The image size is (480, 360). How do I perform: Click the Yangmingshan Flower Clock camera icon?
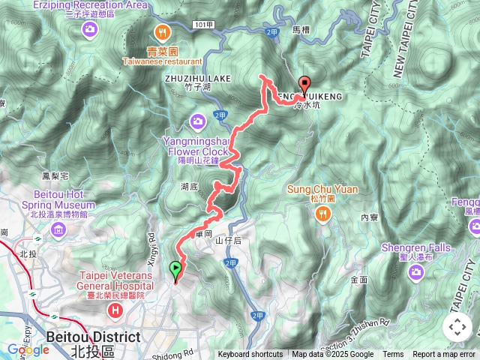coord(198,121)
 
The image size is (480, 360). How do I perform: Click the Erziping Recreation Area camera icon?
coord(91,29)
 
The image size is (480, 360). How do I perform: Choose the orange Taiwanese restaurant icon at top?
coord(161,31)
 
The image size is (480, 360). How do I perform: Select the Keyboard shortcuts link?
coord(250,355)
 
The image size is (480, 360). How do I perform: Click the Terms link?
coord(393,355)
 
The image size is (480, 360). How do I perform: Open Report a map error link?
coord(444,355)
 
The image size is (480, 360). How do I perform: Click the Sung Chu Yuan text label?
coord(323,189)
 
